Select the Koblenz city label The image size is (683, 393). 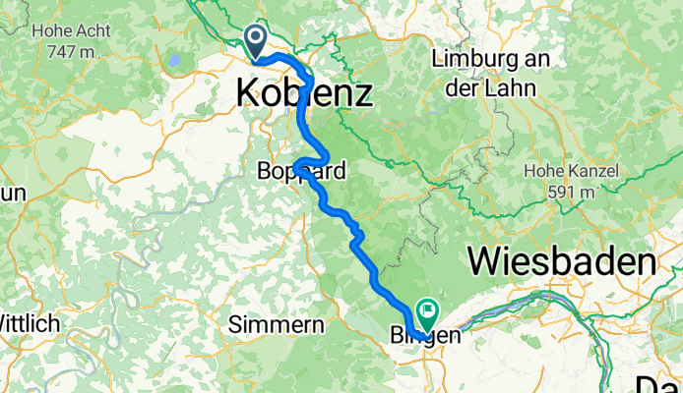pos(304,94)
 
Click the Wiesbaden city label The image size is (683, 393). pos(562,262)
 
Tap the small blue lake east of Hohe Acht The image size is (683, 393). pos(173,60)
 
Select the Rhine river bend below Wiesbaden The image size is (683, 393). pos(551,294)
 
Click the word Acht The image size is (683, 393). pos(84,29)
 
